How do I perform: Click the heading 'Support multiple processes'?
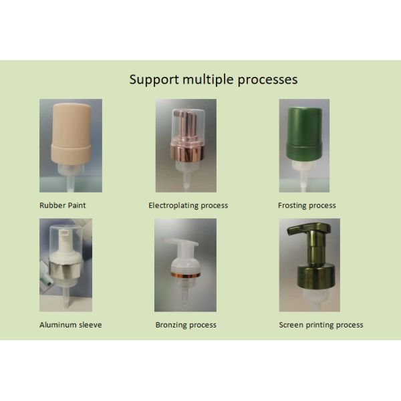tap(213, 80)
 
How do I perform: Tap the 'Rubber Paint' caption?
tap(63, 205)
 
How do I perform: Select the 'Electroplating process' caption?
tap(188, 205)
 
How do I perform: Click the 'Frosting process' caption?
tap(307, 205)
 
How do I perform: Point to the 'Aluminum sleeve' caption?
tap(70, 325)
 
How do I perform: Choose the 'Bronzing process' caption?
tap(186, 325)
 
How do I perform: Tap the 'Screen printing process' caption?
tap(321, 325)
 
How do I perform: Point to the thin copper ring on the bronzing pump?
tap(186, 273)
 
